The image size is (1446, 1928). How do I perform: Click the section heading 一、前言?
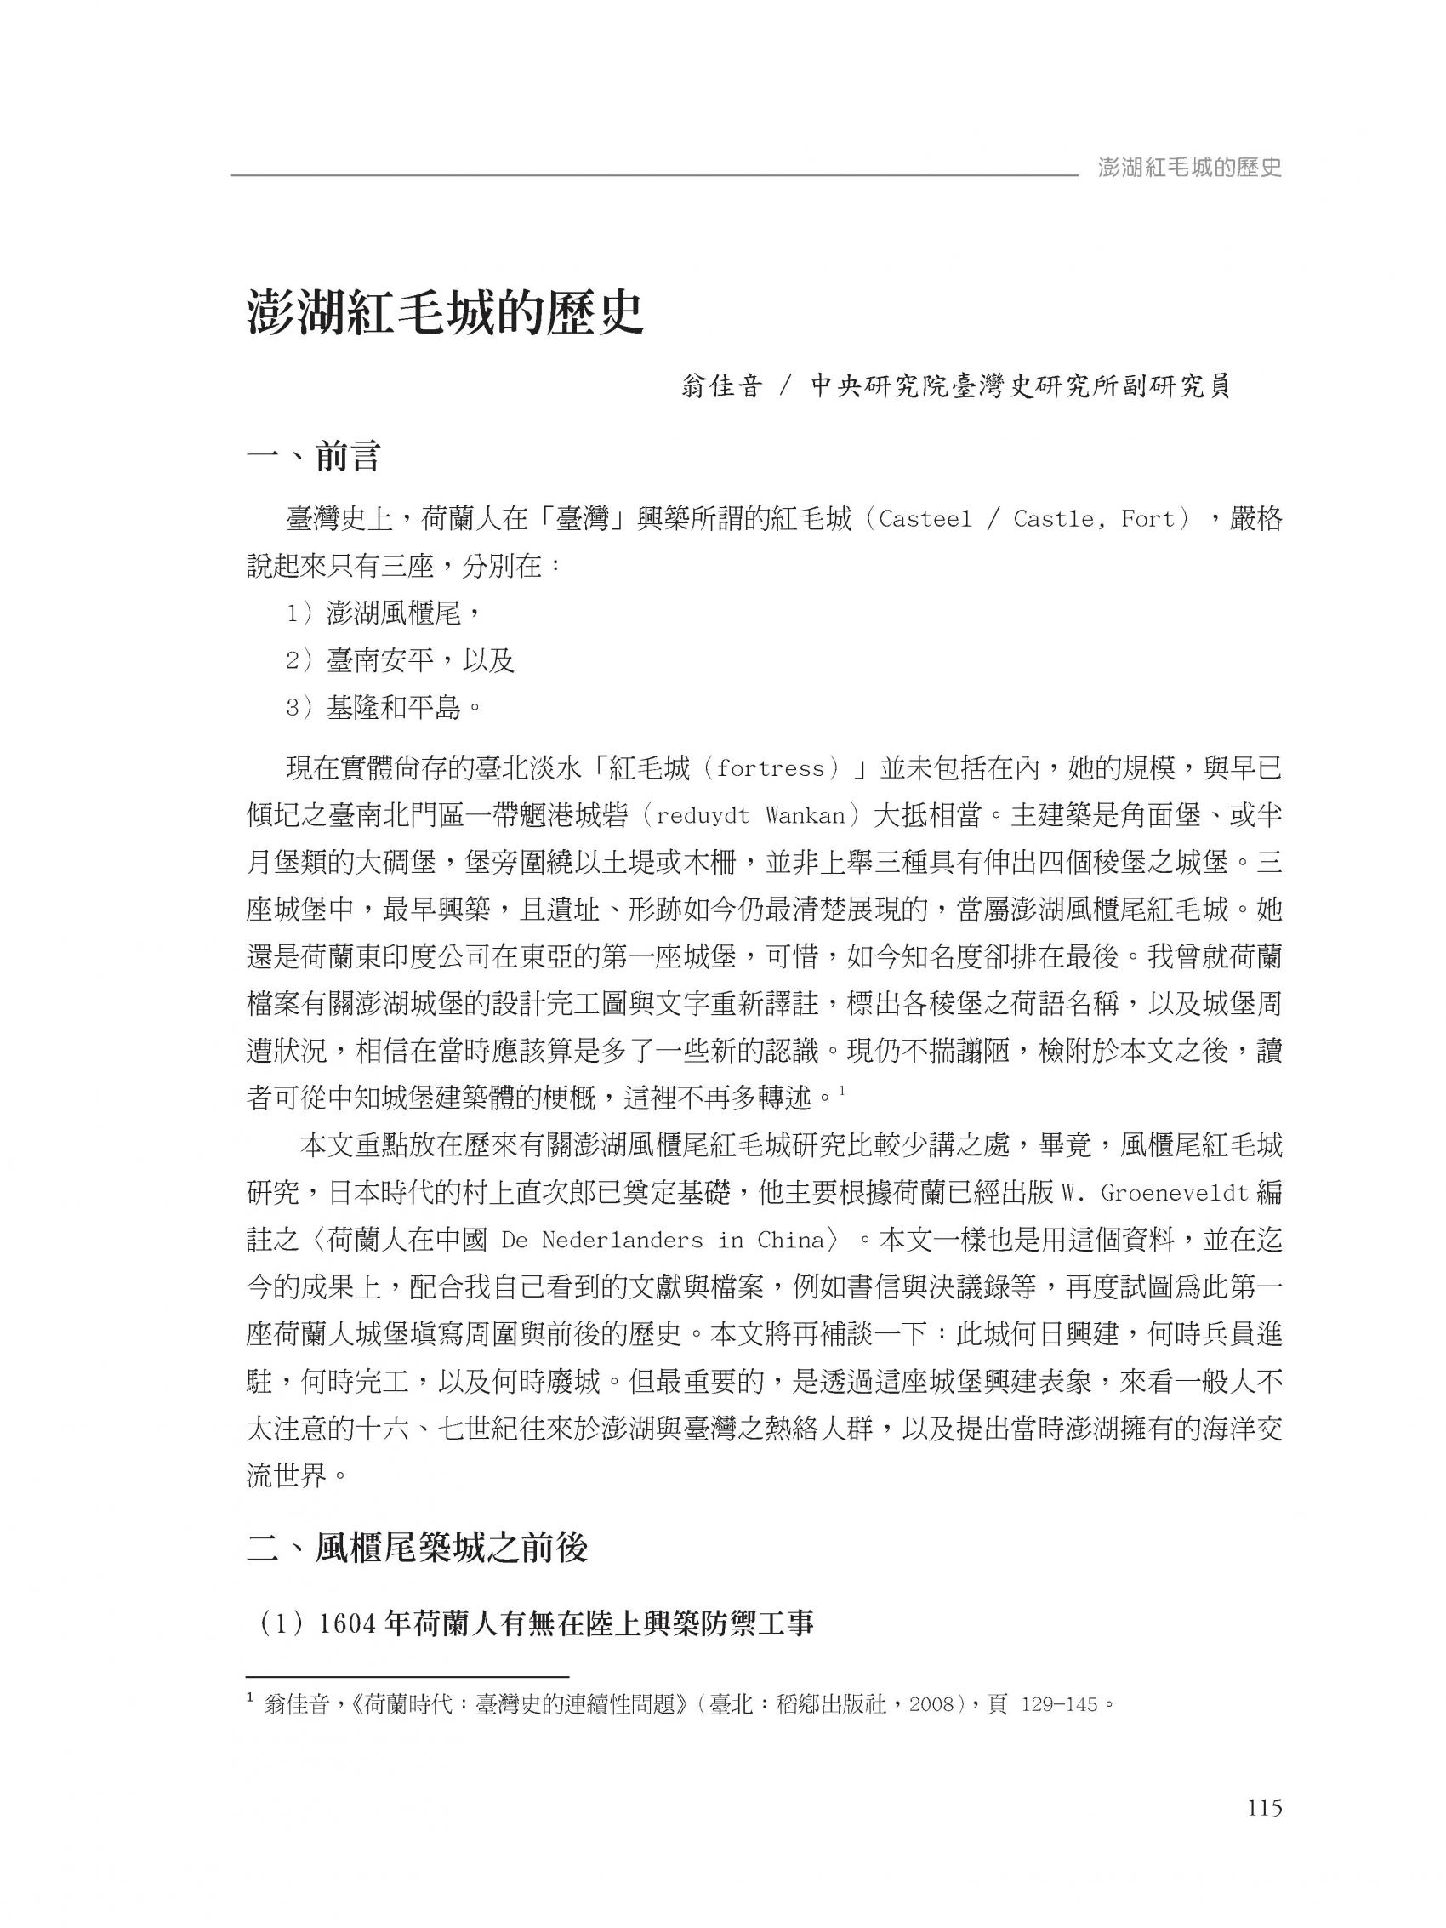coord(313,457)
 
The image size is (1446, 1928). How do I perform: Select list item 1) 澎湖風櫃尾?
coord(384,613)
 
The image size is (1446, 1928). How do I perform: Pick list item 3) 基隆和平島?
coord(384,708)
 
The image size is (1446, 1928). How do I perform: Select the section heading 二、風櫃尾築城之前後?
coord(418,1549)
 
